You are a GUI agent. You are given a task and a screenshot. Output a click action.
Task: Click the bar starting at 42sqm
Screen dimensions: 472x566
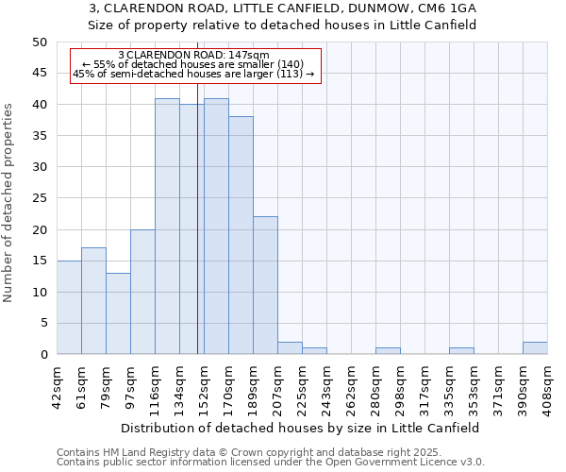[69, 308]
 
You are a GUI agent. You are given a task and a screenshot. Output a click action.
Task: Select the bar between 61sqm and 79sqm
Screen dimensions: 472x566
[93, 301]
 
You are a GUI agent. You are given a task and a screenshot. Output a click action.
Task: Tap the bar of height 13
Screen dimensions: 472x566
[118, 313]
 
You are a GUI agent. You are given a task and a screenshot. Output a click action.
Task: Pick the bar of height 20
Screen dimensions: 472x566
[142, 292]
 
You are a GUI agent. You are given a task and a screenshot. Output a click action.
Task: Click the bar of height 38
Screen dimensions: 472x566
[241, 235]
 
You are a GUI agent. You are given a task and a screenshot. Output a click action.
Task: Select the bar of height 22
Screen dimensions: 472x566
[265, 285]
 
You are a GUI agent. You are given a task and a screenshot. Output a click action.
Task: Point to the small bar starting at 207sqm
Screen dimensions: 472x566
[290, 348]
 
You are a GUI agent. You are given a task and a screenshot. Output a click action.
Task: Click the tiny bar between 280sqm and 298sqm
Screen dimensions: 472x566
[388, 351]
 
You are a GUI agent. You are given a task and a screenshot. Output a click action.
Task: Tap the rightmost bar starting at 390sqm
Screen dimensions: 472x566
[535, 348]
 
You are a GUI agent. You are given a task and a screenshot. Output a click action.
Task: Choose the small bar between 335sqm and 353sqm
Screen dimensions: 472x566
[461, 351]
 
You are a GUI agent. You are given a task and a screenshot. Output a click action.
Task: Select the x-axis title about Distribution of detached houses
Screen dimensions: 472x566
[301, 428]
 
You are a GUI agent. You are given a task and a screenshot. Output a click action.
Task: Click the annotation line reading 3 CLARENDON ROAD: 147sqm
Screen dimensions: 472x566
[194, 56]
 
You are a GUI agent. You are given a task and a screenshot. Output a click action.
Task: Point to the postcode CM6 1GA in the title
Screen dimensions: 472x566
[447, 8]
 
